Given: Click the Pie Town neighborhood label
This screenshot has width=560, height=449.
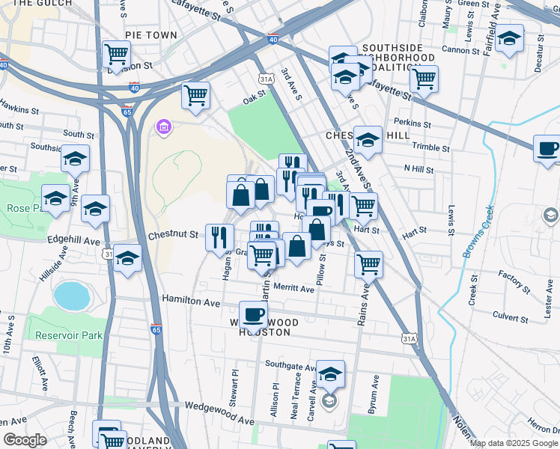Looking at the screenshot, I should click(151, 35).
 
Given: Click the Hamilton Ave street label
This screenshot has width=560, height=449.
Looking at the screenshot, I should click(191, 301).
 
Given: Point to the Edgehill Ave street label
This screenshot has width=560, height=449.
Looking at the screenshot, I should click(73, 242).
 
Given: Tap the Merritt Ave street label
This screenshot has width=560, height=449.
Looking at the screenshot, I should click(293, 288).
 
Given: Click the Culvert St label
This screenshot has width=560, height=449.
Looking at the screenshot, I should click(511, 317).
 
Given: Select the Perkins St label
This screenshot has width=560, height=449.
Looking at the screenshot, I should click(413, 123).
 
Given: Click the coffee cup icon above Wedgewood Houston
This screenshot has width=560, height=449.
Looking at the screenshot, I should click(254, 314).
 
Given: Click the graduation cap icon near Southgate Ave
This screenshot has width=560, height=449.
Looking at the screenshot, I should click(329, 373).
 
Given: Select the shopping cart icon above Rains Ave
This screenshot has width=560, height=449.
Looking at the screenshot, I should click(368, 263).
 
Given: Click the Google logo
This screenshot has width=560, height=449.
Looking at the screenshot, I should click(25, 441).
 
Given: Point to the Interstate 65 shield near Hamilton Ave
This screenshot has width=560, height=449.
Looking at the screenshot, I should click(156, 329).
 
